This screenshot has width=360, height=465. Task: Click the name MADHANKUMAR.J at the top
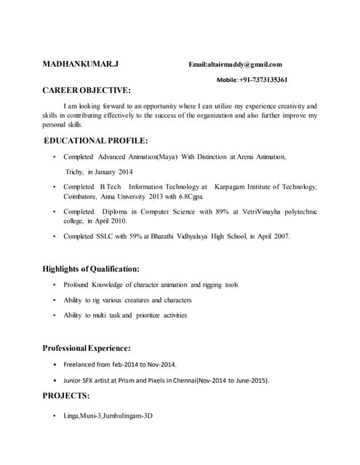[81, 64]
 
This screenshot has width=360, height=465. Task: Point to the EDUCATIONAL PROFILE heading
[97, 140]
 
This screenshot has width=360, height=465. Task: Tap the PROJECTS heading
[66, 396]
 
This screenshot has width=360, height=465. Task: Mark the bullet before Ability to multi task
[55, 315]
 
